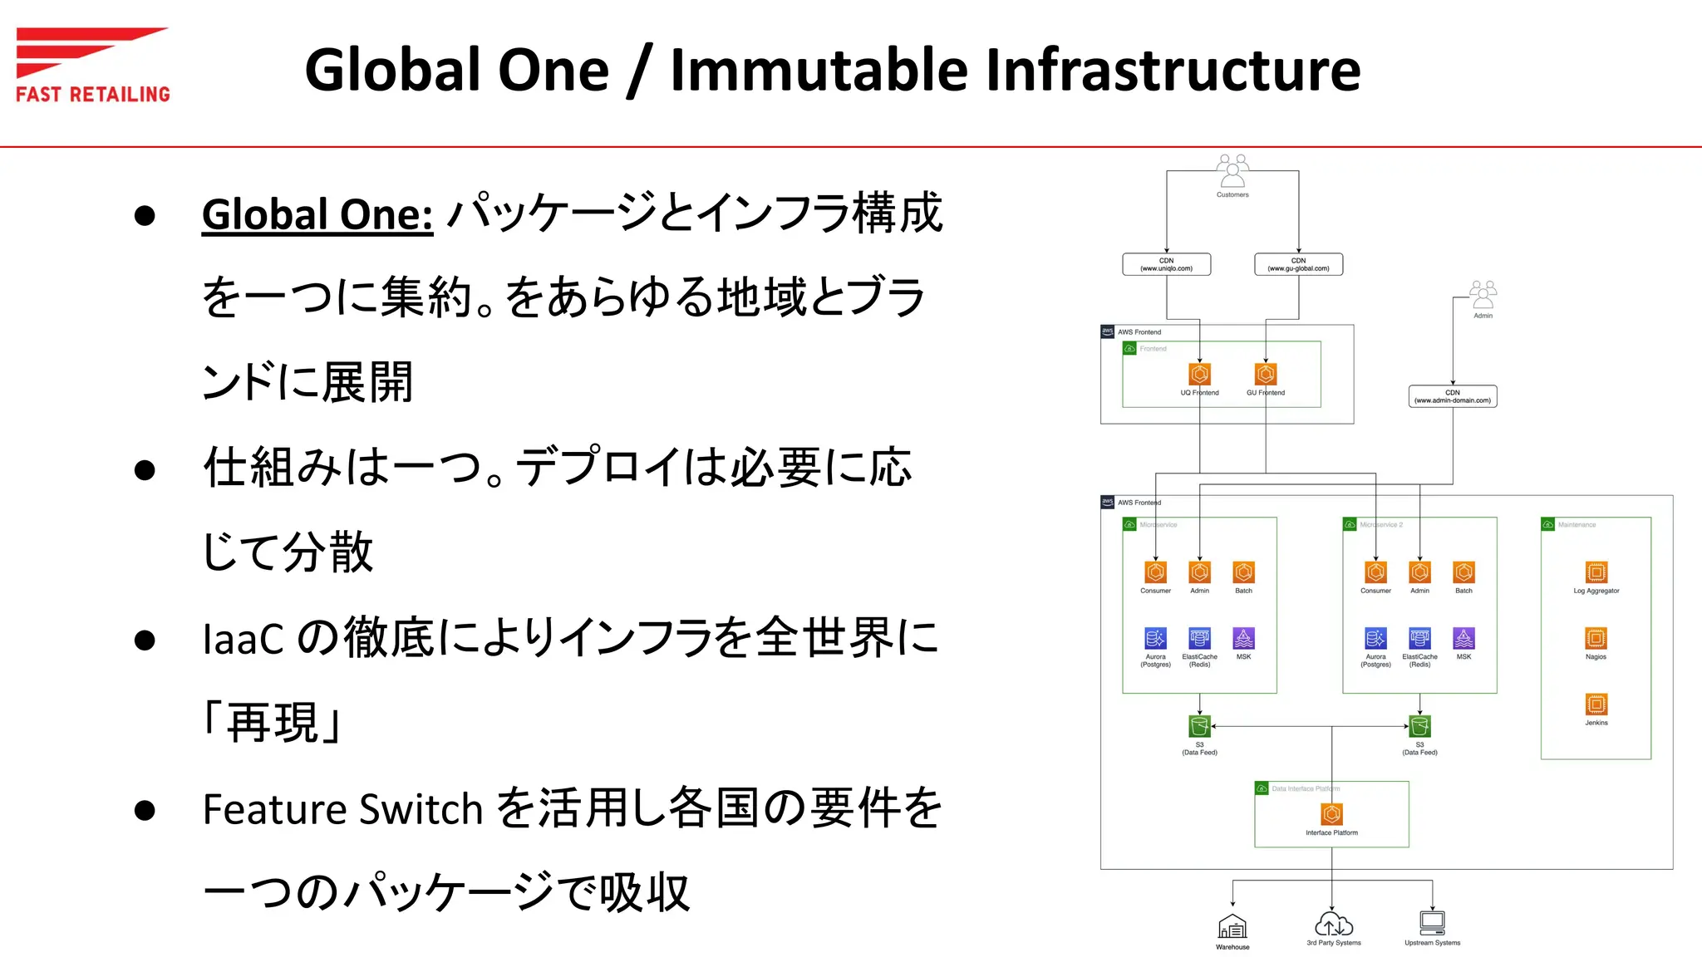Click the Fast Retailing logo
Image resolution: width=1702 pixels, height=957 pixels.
pyautogui.click(x=92, y=65)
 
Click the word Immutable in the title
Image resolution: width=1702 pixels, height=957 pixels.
pyautogui.click(x=819, y=70)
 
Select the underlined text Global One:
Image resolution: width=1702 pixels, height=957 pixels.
pyautogui.click(x=317, y=214)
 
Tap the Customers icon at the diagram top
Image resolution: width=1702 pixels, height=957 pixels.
pyautogui.click(x=1232, y=170)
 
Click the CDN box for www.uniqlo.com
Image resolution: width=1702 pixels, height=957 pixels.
pyautogui.click(x=1166, y=264)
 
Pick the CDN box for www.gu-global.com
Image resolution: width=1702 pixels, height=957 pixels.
pyautogui.click(x=1298, y=264)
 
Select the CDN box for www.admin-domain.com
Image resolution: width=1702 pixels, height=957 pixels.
pyautogui.click(x=1453, y=396)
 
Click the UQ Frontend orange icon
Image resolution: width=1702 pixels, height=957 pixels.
pyautogui.click(x=1199, y=374)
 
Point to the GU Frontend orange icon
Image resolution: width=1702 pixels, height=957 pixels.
pyautogui.click(x=1266, y=374)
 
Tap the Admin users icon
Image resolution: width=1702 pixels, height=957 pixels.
pyautogui.click(x=1483, y=295)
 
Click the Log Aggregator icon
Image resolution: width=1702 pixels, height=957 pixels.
pyautogui.click(x=1596, y=572)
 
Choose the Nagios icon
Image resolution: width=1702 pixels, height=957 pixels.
pyautogui.click(x=1596, y=638)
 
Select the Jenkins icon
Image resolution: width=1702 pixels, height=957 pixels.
pyautogui.click(x=1596, y=704)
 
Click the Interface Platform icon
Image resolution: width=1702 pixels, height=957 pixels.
pyautogui.click(x=1331, y=814)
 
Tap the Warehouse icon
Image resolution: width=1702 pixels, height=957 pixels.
pyautogui.click(x=1232, y=926)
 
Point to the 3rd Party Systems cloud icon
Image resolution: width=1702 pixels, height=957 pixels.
pyautogui.click(x=1333, y=925)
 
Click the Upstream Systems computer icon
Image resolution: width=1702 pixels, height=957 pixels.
pyautogui.click(x=1432, y=923)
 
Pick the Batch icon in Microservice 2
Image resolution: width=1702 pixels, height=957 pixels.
pyautogui.click(x=1463, y=572)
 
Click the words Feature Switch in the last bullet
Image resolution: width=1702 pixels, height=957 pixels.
pyautogui.click(x=342, y=809)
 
